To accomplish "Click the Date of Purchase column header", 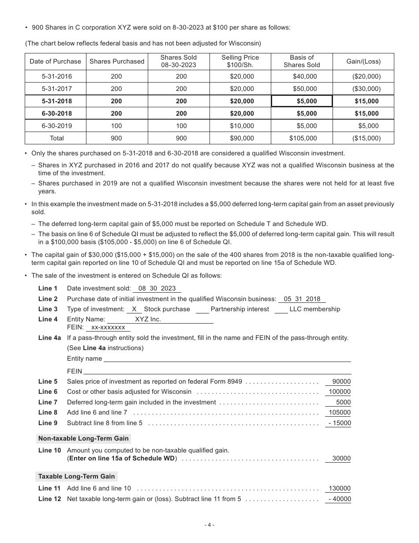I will click(x=55, y=61).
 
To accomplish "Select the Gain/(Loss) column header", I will click(x=363, y=61).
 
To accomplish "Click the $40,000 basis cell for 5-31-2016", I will click(x=305, y=76).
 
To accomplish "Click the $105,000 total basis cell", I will click(x=303, y=138).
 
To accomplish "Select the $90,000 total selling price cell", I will click(x=242, y=138).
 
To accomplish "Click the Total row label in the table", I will click(x=57, y=138).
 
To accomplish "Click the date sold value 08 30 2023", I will click(x=157, y=288).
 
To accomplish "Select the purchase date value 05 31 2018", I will click(x=302, y=299).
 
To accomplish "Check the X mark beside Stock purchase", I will click(x=134, y=309).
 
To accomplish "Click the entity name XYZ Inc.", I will click(x=148, y=319).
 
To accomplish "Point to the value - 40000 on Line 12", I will click(x=339, y=499).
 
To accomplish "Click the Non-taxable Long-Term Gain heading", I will click(x=83, y=438).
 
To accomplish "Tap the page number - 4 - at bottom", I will click(x=209, y=525).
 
